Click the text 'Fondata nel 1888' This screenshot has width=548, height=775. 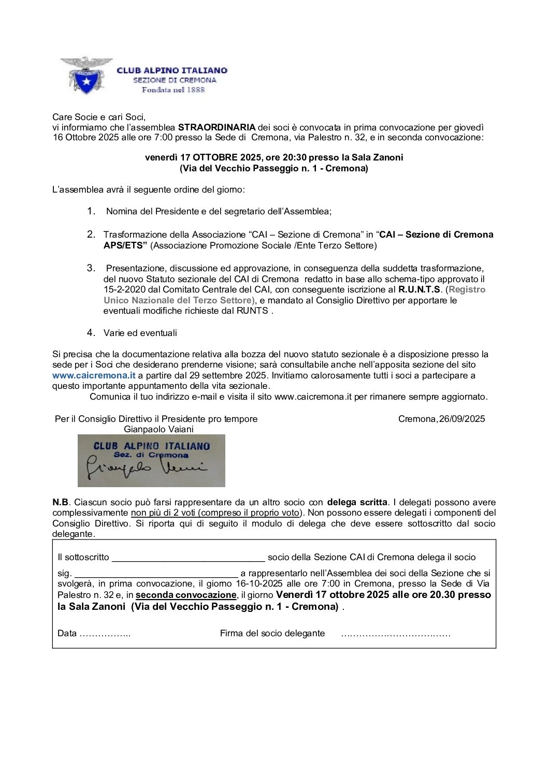pos(173,90)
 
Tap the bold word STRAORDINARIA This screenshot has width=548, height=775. pos(217,127)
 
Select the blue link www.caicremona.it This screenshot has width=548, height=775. pos(94,375)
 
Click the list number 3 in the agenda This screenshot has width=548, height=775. pos(91,268)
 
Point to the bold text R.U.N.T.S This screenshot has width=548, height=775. pos(419,289)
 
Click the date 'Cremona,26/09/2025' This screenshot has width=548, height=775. pos(441,419)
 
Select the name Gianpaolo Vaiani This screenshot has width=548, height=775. pos(158,429)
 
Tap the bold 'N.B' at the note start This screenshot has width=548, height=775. pos(60,502)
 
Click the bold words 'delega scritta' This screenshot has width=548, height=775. pos(357,502)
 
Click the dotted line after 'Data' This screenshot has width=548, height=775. pos(105,634)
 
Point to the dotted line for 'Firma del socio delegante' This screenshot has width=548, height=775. pos(395,634)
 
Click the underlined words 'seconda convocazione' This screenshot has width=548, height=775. pos(186,595)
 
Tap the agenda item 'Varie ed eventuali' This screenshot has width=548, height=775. pos(140,333)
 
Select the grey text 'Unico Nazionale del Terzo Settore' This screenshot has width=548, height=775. pos(178,300)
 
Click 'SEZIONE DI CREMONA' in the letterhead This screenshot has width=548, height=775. pos(175,80)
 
